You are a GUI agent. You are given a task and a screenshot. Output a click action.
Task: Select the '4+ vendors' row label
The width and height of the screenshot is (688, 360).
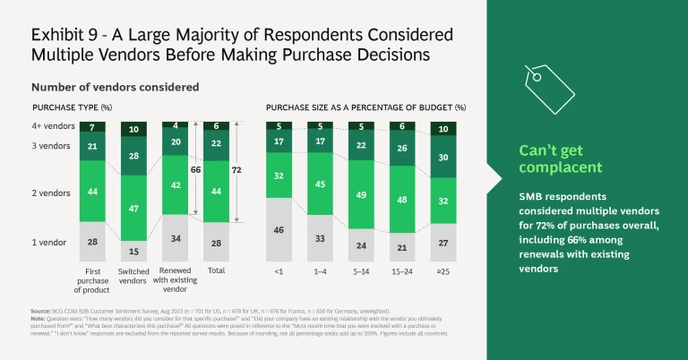[53, 126]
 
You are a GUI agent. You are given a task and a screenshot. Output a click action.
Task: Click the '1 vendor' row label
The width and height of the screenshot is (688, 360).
[52, 243]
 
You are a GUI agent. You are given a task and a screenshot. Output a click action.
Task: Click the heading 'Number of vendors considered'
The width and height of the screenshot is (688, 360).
[115, 88]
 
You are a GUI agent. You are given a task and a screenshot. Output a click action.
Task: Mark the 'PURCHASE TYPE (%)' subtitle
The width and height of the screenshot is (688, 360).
[71, 107]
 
